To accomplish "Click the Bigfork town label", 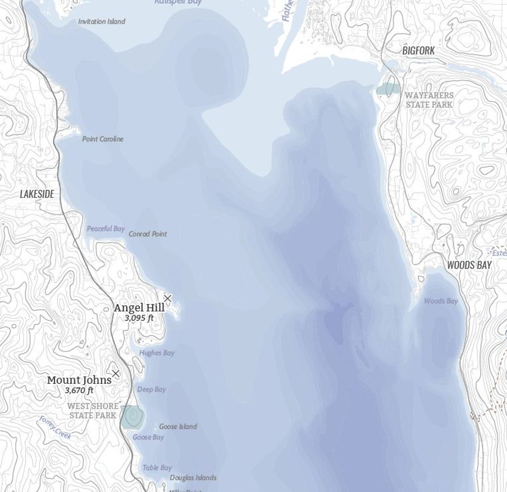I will (x=418, y=51).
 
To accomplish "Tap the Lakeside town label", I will (x=37, y=194).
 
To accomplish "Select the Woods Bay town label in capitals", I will (x=469, y=265).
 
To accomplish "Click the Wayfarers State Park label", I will (x=429, y=100).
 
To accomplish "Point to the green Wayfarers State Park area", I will (x=388, y=89).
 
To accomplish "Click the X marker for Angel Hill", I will (x=168, y=298).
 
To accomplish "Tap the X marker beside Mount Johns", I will (x=116, y=373).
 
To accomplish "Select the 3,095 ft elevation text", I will (x=139, y=318).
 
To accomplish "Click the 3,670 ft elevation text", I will (x=79, y=391).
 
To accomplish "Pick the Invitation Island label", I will (x=101, y=21).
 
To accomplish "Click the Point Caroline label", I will (x=103, y=139).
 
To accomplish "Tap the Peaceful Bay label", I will (x=105, y=229).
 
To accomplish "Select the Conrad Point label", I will (x=148, y=234).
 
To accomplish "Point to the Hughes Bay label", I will (x=157, y=353).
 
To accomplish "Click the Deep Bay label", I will (x=151, y=389).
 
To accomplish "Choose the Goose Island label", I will (x=178, y=427).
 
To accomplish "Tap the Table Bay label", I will (x=157, y=468).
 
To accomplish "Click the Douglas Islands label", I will (x=193, y=478).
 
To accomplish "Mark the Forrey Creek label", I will (x=55, y=427).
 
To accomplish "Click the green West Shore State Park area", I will (x=132, y=417).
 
